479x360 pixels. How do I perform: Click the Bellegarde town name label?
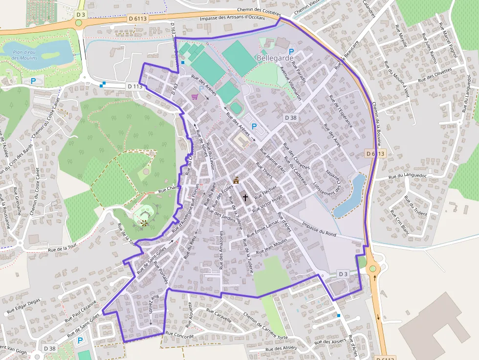(x=275, y=58)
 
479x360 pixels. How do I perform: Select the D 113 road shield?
(x=135, y=86)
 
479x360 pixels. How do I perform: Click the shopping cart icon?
(x=195, y=96)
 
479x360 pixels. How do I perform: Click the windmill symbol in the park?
(x=144, y=223)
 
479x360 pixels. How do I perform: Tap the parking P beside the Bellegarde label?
(x=292, y=51)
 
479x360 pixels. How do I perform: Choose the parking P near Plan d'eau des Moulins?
(x=33, y=82)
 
